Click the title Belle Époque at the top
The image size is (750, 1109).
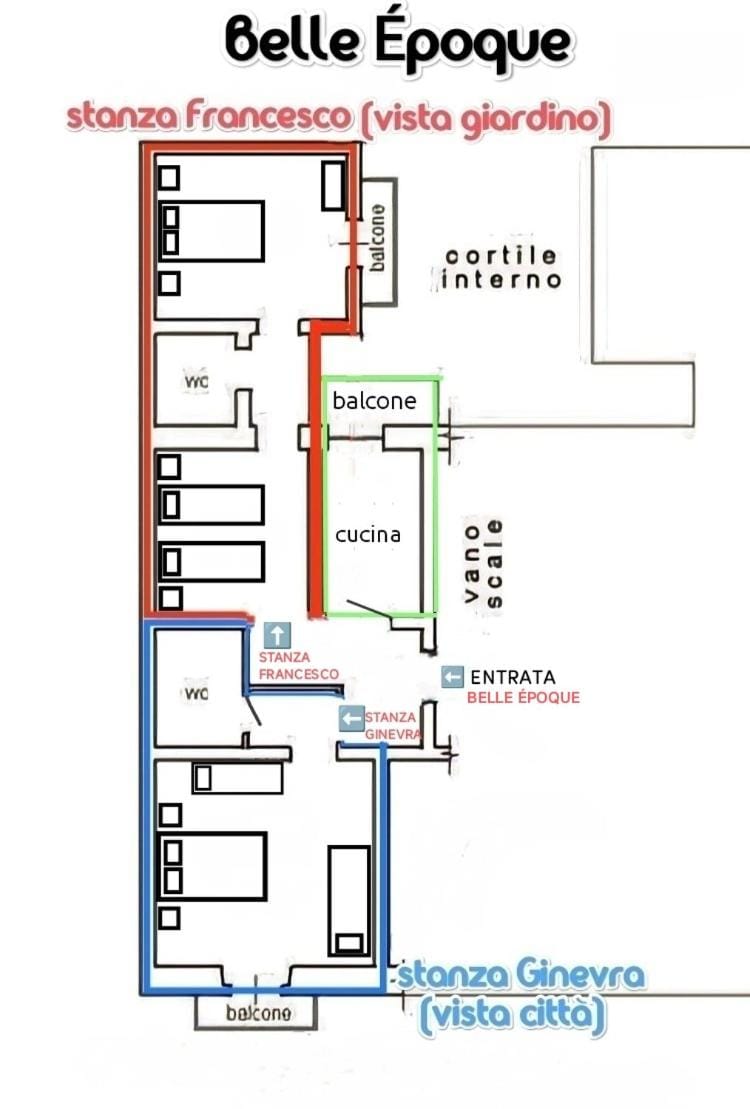[x=398, y=43]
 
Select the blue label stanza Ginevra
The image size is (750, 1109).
[x=521, y=975]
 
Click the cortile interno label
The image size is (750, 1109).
[x=501, y=268]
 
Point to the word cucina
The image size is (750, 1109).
[x=368, y=535]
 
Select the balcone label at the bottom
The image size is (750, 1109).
[x=259, y=1013]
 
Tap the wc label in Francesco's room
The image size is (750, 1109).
[x=195, y=381]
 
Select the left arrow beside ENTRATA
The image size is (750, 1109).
[x=453, y=677]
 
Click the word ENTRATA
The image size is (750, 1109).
[x=512, y=677]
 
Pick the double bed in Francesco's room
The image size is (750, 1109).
[x=211, y=231]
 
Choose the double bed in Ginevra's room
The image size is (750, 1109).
[x=212, y=866]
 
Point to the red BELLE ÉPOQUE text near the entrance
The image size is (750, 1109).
[x=523, y=697]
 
